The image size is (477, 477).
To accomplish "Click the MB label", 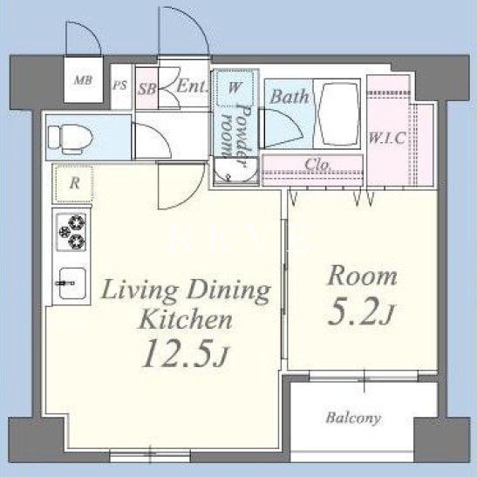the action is pyautogui.click(x=83, y=80).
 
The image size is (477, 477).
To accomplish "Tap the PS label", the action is pyautogui.click(x=119, y=85).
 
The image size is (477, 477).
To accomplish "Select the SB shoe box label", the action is pyautogui.click(x=147, y=89).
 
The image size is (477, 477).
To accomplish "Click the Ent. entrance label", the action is pyautogui.click(x=192, y=85).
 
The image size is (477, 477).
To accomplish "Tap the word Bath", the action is pyautogui.click(x=289, y=97).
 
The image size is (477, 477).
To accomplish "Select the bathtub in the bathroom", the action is pyautogui.click(x=337, y=113).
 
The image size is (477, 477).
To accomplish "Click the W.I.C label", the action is pyautogui.click(x=386, y=138).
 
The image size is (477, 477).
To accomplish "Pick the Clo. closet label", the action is pyautogui.click(x=317, y=165).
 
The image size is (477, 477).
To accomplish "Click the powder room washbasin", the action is pyautogui.click(x=235, y=170).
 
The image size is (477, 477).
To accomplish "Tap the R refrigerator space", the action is pyautogui.click(x=73, y=183).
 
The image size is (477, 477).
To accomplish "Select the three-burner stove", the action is pyautogui.click(x=72, y=232).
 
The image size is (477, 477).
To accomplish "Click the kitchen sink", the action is pyautogui.click(x=72, y=283).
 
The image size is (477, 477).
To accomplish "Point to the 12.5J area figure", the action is pyautogui.click(x=185, y=353).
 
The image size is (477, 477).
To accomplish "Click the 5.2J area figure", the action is pyautogui.click(x=360, y=311).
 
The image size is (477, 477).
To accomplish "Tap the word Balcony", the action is pyautogui.click(x=353, y=419).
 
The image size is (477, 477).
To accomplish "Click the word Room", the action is pyautogui.click(x=362, y=276).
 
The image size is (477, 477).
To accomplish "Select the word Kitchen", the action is pyautogui.click(x=185, y=319).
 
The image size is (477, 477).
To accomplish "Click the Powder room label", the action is pyautogui.click(x=236, y=135).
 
